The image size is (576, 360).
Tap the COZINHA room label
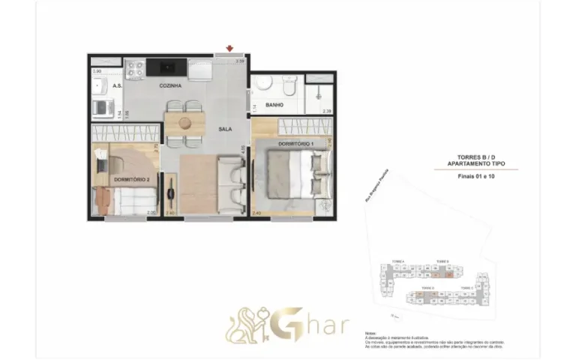coord(170,86)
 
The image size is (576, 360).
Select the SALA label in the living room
coord(224,129)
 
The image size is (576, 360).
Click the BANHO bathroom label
coord(274,105)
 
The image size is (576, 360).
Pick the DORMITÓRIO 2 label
coord(130,180)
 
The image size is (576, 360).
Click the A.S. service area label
coord(117,86)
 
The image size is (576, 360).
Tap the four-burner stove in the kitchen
coord(135,70)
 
